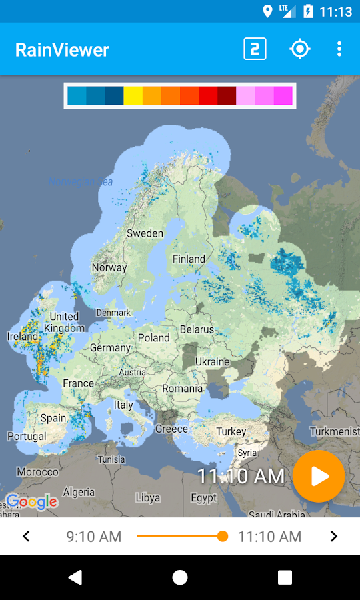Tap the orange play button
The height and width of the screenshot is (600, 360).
(x=319, y=476)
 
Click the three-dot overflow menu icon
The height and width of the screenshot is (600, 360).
(x=339, y=49)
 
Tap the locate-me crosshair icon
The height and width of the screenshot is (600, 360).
(x=300, y=49)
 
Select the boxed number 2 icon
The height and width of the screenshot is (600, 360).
(x=255, y=49)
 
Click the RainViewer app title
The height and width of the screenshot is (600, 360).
(x=62, y=50)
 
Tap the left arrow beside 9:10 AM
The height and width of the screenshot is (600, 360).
(x=26, y=536)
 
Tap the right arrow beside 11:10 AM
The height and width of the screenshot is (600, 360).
(x=334, y=536)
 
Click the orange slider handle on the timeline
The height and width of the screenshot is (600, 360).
(x=223, y=536)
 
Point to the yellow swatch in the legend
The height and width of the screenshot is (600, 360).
(x=133, y=95)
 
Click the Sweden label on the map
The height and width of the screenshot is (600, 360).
(x=145, y=233)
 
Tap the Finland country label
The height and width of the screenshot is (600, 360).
(x=189, y=259)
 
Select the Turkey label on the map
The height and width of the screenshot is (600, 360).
(x=231, y=432)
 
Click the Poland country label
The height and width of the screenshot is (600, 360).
(x=154, y=338)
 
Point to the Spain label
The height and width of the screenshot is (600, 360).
(x=53, y=419)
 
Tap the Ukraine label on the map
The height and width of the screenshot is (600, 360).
(x=212, y=362)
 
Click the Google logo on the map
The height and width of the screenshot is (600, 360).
(x=31, y=501)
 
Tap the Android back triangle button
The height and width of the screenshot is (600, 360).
(x=75, y=577)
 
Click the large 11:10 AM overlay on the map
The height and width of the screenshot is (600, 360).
(x=241, y=476)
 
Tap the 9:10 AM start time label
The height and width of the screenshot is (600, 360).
(x=94, y=536)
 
